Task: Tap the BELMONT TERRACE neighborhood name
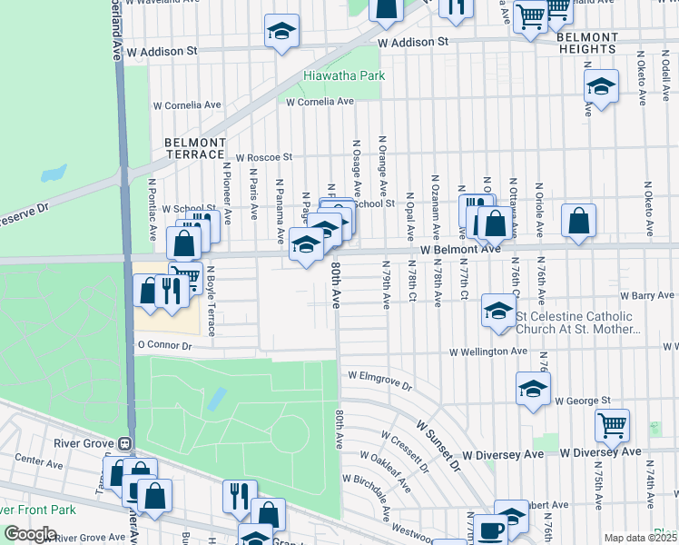(195, 149)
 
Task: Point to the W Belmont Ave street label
(460, 248)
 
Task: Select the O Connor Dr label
(164, 346)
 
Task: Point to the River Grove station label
(75, 444)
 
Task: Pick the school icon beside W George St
(533, 387)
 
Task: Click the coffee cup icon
(491, 528)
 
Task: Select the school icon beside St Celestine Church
(497, 309)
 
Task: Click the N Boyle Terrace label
(211, 301)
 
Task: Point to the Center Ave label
(37, 462)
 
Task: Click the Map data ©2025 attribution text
(640, 538)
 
